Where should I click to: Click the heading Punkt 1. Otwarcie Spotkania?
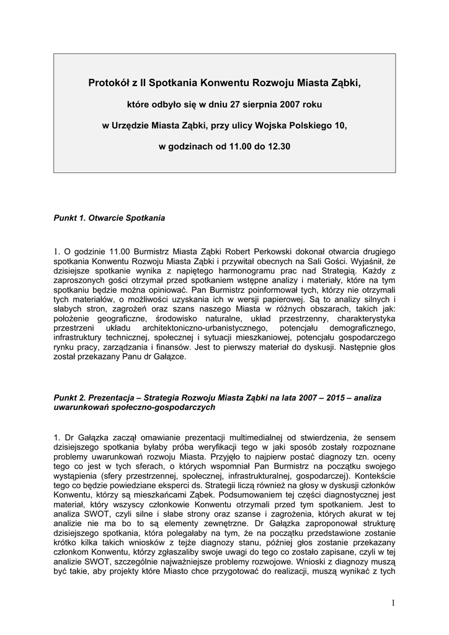[x=110, y=218]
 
